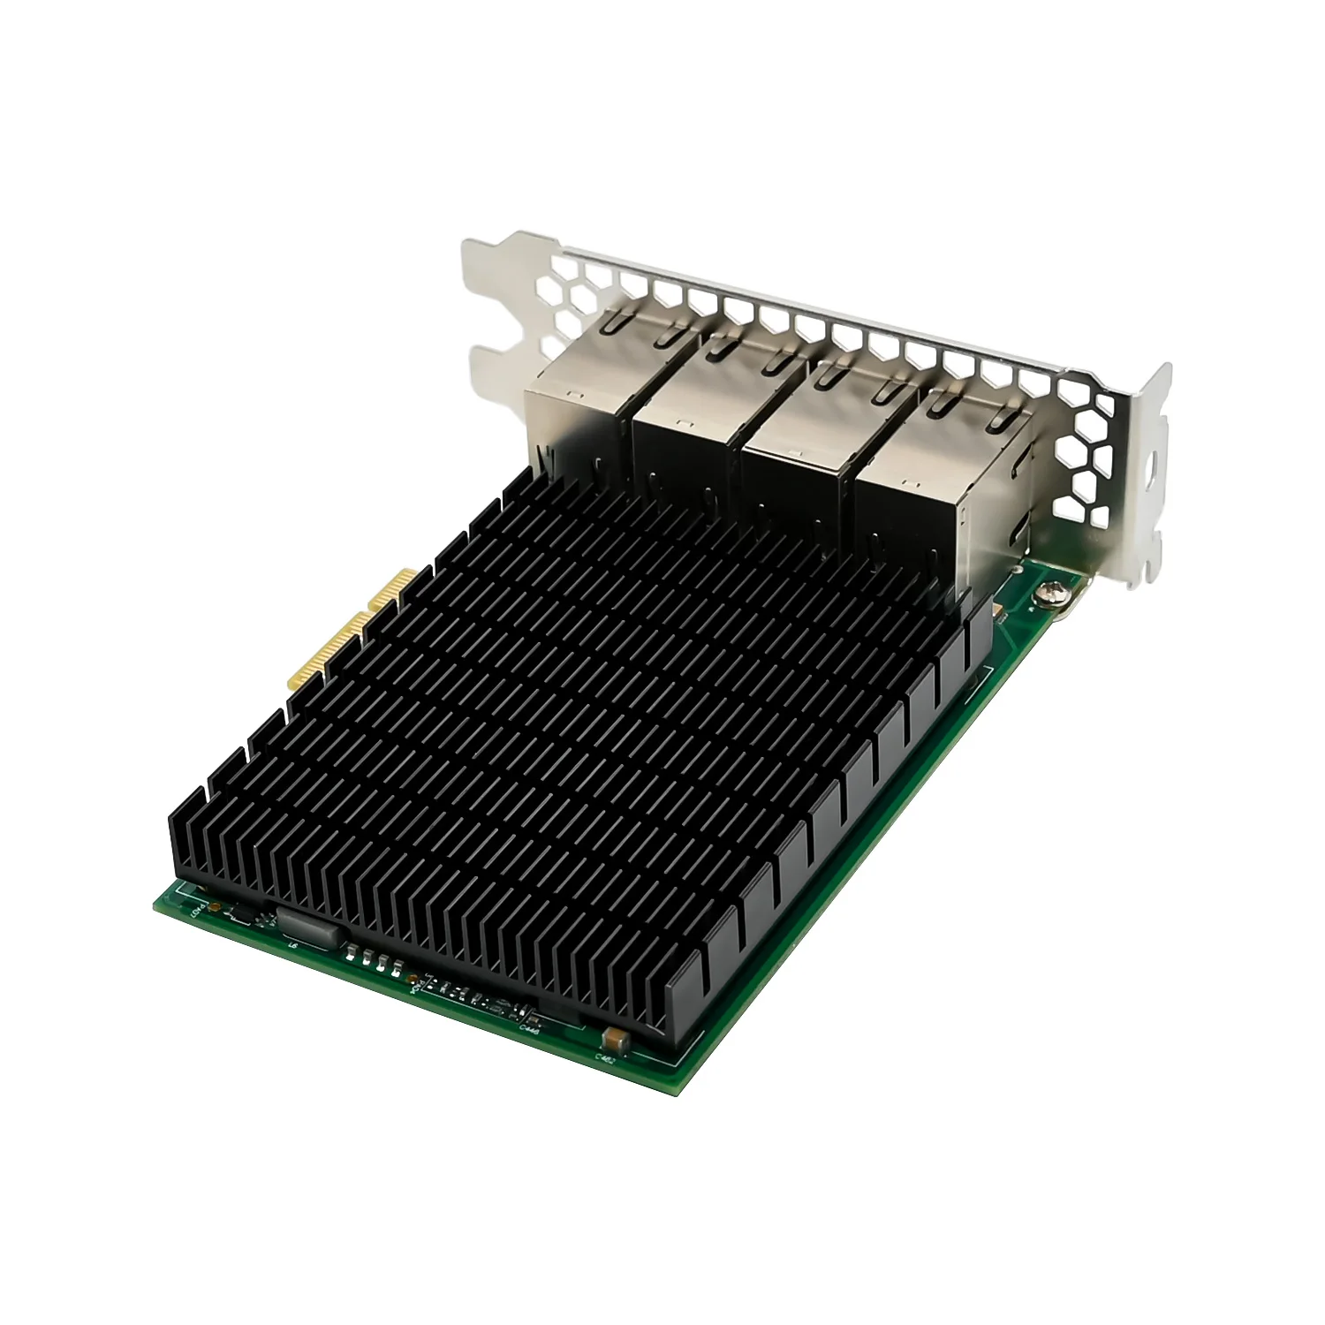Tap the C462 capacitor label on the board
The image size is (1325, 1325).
pos(605,1056)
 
